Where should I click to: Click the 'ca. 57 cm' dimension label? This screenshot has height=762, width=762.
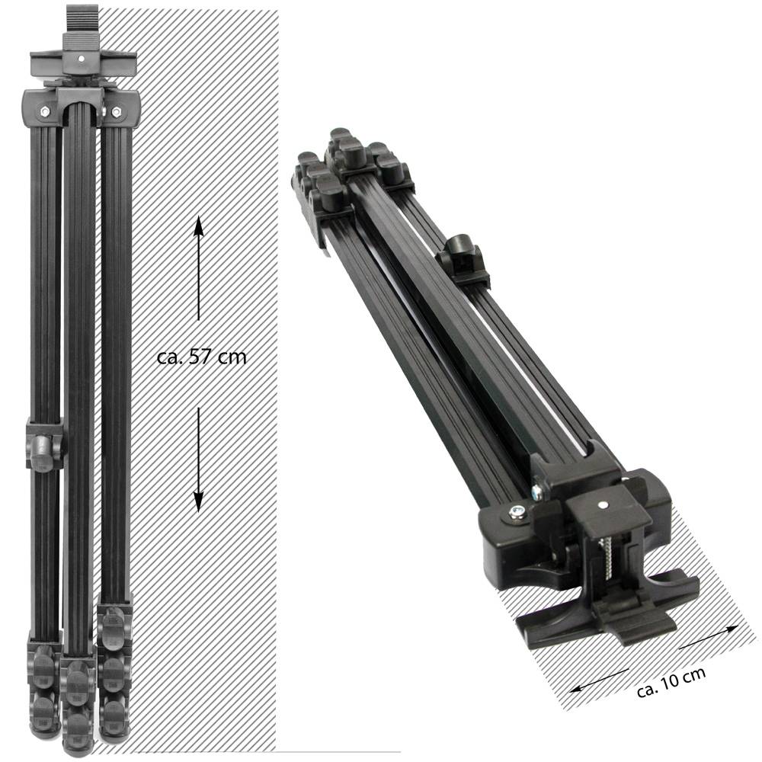(202, 357)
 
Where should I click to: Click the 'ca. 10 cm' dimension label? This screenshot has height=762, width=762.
(671, 682)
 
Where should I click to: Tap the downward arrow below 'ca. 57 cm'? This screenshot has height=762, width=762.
(198, 459)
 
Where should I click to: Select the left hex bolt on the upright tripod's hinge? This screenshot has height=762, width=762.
(45, 112)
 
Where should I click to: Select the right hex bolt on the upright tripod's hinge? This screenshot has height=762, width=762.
(116, 112)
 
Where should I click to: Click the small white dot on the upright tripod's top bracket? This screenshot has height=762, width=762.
(82, 59)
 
